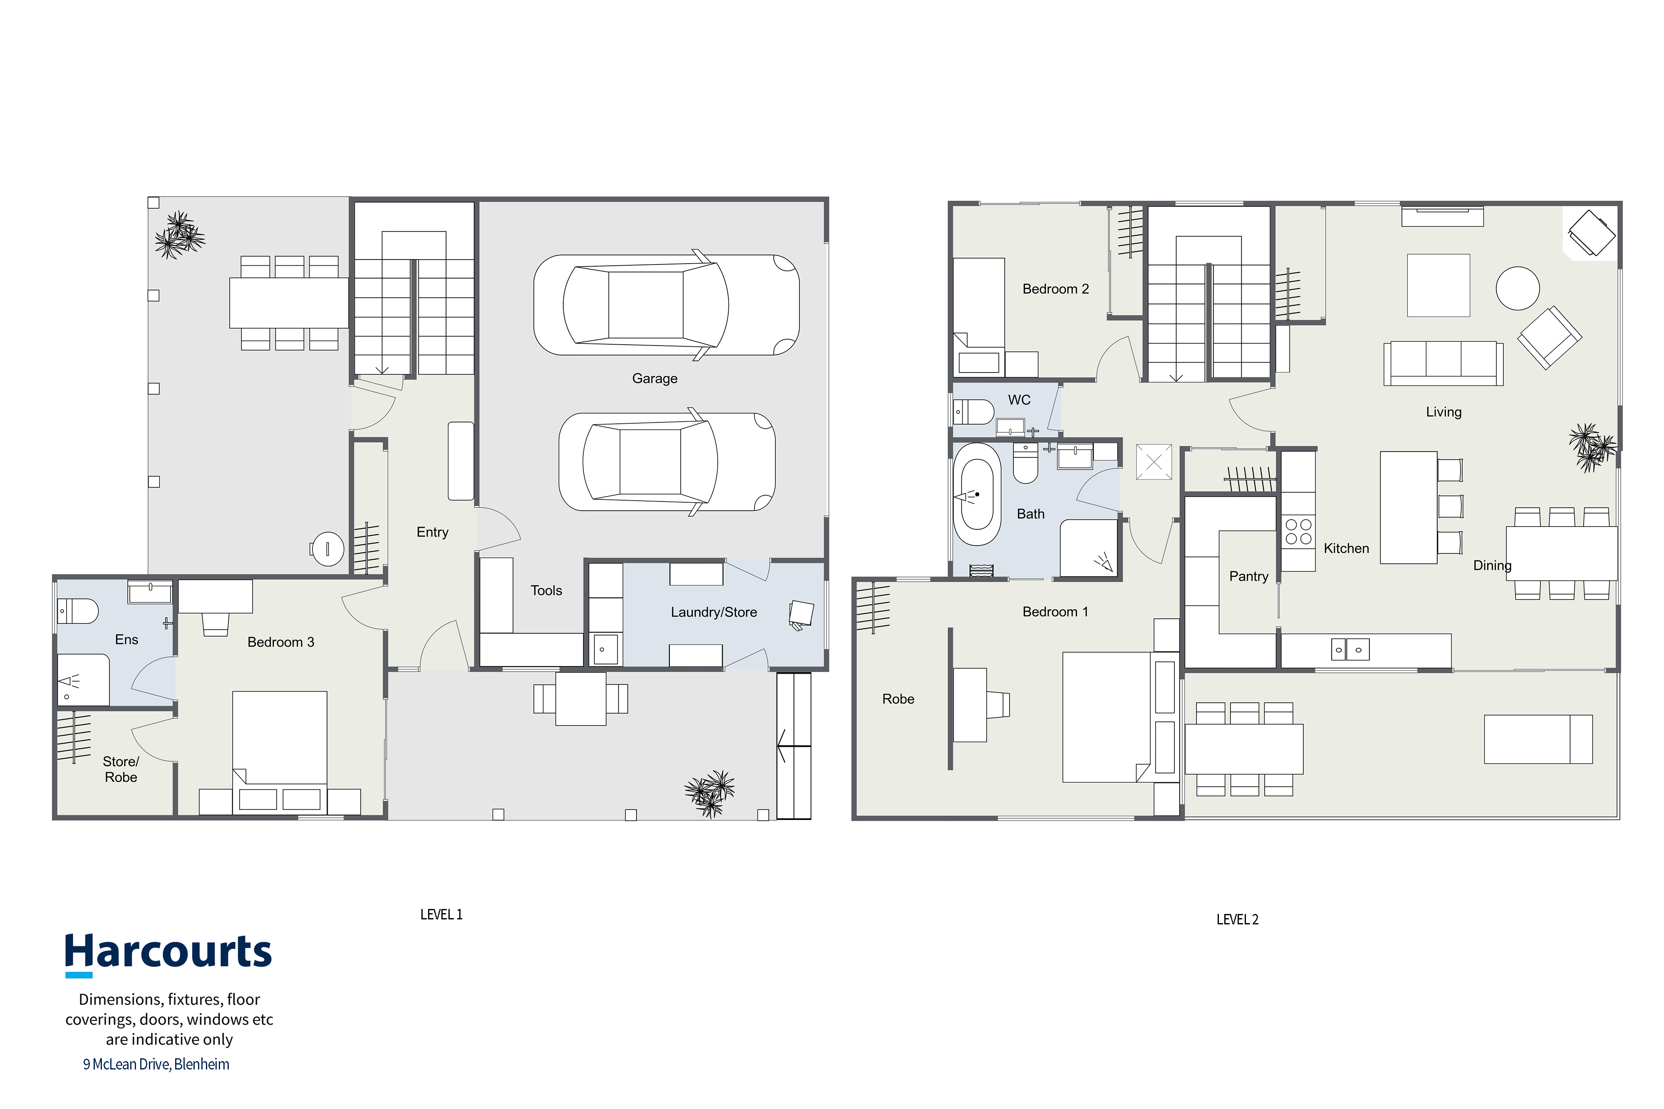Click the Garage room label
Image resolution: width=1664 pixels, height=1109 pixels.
[654, 378]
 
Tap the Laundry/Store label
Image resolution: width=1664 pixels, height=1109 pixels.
[714, 613]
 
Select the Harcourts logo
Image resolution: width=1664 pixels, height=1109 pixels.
[168, 954]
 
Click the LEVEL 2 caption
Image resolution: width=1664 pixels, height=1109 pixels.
[1237, 919]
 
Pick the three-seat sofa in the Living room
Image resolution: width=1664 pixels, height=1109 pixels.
[1443, 363]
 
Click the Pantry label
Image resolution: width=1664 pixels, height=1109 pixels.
[1249, 576]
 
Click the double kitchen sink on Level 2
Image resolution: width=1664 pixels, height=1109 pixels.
[1350, 649]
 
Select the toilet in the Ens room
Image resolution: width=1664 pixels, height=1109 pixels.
[78, 610]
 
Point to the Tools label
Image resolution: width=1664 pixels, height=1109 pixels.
[546, 590]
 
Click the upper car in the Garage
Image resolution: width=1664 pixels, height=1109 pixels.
[666, 305]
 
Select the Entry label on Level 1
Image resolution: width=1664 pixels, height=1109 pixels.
[432, 533]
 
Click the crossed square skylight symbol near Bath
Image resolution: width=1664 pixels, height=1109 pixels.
[1154, 462]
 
